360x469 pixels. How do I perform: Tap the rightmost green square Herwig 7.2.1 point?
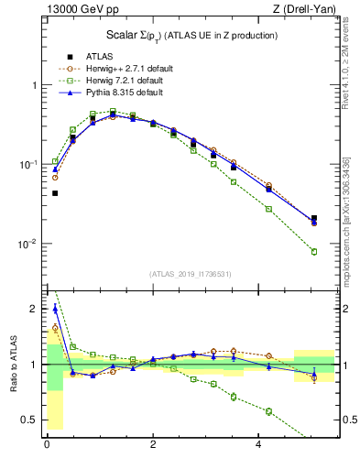point(314,252)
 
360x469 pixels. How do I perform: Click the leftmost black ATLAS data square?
point(55,193)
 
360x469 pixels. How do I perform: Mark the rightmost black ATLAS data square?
point(314,219)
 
